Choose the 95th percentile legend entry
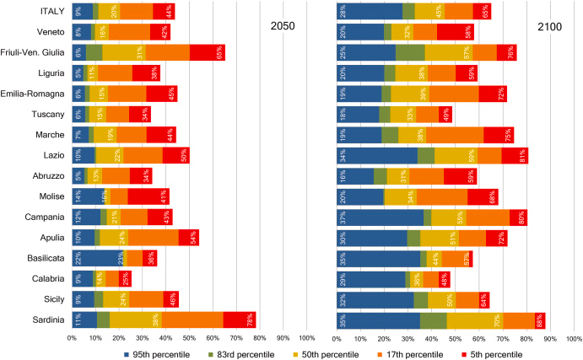161,354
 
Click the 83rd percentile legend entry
244,354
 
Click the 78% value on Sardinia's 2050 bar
251,319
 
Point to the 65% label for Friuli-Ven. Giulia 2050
219,52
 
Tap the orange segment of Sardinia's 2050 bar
192,319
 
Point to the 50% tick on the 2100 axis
455,338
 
